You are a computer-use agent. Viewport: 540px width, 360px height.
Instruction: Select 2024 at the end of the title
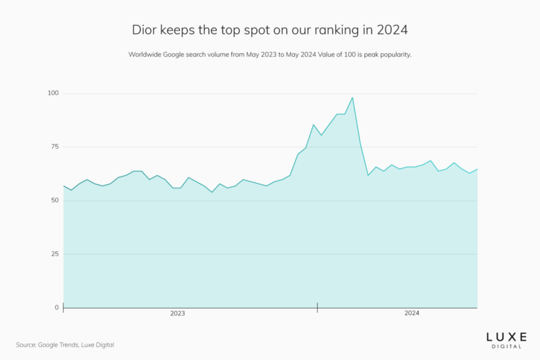coord(391,30)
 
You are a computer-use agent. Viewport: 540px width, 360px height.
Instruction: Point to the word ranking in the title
coord(330,30)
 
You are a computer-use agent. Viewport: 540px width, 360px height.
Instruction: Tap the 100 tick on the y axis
coord(53,93)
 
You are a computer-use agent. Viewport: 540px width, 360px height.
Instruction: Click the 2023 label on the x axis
coord(178,314)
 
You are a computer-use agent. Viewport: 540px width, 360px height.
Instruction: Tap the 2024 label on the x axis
coord(412,314)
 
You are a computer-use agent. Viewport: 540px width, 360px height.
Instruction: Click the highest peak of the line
coord(352,98)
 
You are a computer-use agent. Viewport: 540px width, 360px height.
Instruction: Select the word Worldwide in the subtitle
coord(144,54)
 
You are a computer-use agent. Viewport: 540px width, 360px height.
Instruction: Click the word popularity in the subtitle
coord(393,54)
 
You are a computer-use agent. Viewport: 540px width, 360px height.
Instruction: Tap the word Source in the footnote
coord(27,344)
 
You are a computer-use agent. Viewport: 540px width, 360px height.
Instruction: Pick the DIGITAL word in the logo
coord(505,345)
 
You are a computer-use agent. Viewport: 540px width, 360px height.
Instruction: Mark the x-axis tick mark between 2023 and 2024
coord(317,307)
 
